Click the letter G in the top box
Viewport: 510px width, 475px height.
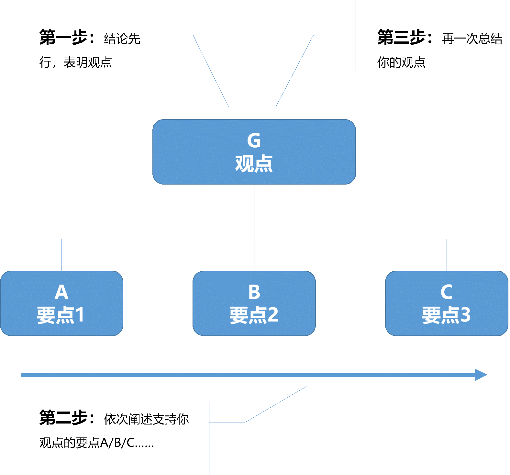point(254,141)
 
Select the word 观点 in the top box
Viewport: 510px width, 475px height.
point(254,164)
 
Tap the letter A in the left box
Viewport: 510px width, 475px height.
point(61,292)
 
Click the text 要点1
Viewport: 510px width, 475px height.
point(61,315)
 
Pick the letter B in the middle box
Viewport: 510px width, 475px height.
point(254,292)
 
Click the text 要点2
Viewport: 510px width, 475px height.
point(254,315)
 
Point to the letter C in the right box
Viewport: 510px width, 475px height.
point(446,292)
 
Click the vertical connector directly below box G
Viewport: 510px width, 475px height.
point(254,210)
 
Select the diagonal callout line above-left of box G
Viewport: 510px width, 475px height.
point(211,71)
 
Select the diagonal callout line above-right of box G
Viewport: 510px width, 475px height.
point(294,71)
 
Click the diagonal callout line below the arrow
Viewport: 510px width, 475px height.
point(275,404)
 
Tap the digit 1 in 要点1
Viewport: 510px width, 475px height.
point(80,315)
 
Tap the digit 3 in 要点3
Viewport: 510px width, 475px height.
point(465,315)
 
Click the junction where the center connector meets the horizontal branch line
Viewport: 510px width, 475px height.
point(254,239)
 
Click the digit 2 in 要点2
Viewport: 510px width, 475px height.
point(273,315)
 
